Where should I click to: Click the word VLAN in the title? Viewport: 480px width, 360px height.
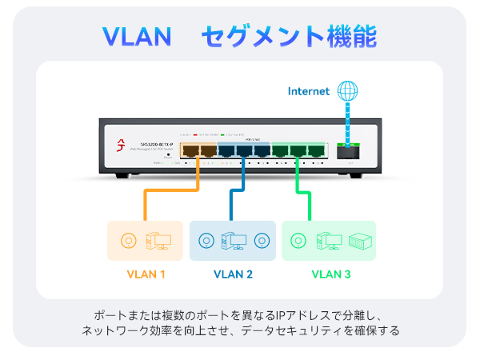[137, 36]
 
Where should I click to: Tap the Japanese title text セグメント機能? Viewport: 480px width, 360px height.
[289, 36]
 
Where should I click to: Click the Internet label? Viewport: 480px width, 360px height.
[309, 91]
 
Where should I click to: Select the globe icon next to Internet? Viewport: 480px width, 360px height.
[347, 90]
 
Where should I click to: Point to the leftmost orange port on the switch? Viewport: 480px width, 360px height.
[190, 149]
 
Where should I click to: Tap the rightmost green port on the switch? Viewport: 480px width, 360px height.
[316, 149]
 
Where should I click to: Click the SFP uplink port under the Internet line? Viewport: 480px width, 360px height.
[347, 150]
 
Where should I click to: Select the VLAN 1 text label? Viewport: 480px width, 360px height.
[146, 274]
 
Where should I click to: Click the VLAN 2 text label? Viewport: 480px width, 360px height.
[233, 274]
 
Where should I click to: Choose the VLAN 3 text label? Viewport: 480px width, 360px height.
[330, 274]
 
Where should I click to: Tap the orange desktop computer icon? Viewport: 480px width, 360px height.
[156, 240]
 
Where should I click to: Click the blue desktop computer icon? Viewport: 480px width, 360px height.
[233, 240]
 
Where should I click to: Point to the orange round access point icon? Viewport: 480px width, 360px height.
[126, 240]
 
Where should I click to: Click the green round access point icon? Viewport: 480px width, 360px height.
[298, 240]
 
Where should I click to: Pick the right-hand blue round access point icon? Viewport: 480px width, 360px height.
[262, 240]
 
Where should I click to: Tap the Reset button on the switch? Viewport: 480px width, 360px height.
[169, 153]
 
